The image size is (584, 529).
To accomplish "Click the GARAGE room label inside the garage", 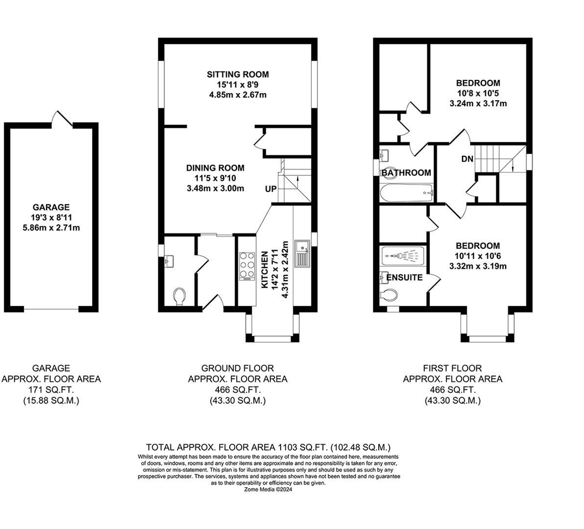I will click(51, 207).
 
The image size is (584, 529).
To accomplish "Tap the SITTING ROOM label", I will click(238, 74).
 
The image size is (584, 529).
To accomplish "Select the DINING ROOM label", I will click(215, 168).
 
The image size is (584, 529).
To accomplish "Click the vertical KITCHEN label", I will click(265, 269).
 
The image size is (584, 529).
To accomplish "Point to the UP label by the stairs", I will click(270, 189).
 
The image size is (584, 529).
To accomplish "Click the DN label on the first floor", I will click(467, 159).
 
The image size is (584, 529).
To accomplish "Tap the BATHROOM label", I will click(406, 172).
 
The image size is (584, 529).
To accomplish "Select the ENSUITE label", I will click(404, 277).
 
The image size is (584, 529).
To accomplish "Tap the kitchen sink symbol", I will click(301, 254).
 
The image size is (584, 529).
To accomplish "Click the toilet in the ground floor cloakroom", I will click(179, 296).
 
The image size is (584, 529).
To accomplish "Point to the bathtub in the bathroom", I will click(406, 193).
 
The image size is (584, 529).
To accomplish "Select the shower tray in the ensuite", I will click(402, 256).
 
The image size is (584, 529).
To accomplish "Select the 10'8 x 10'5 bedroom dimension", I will click(478, 93).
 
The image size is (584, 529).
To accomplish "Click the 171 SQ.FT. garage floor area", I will click(51, 390).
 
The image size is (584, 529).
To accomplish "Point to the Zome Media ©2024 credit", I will click(268, 489).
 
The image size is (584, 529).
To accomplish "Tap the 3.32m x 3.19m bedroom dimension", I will click(478, 266).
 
